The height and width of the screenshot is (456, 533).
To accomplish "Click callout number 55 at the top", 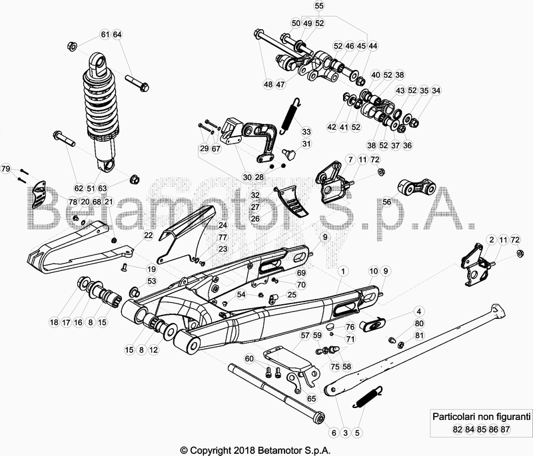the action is coord(319,6).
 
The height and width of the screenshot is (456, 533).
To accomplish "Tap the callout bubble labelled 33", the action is coord(306,131).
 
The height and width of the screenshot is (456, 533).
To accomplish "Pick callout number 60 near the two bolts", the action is coord(249,359).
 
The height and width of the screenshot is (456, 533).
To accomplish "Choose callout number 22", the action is coord(149,235).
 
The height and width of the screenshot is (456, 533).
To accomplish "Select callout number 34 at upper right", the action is coord(436,91).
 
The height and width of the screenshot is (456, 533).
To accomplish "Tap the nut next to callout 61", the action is coord(73,46).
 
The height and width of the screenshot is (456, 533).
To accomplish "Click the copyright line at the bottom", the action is coord(266,449).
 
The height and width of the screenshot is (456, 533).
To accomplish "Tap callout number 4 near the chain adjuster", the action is coord(419,311).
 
